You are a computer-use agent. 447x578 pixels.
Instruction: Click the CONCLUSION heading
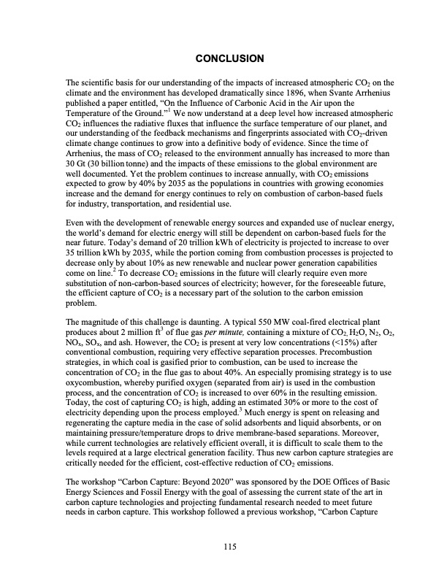pyautogui.click(x=223, y=57)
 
